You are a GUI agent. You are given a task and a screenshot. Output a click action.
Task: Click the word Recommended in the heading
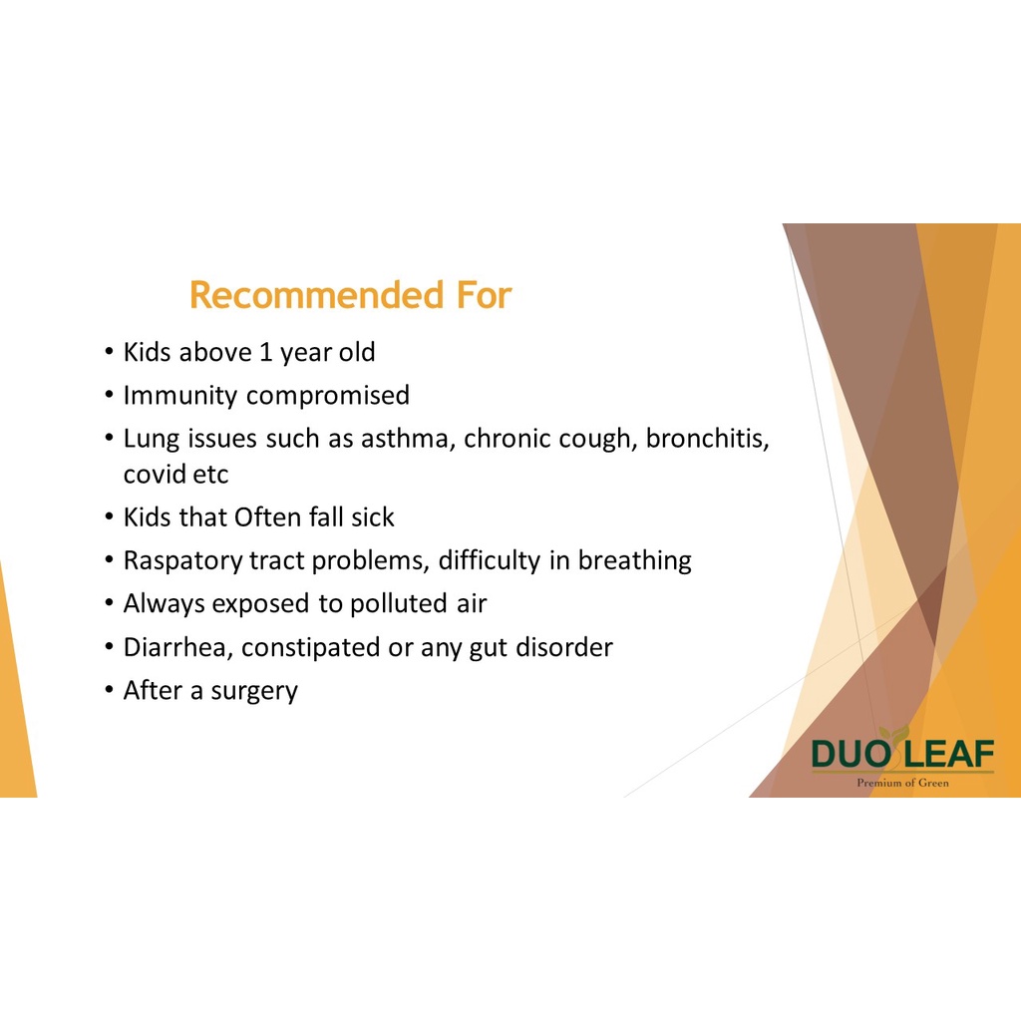[316, 295]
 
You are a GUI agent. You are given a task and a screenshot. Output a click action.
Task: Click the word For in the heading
[484, 295]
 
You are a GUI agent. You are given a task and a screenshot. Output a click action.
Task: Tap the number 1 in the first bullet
[265, 352]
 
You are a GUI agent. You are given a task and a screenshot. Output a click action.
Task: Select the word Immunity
[180, 396]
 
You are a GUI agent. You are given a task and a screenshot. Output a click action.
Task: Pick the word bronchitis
[708, 439]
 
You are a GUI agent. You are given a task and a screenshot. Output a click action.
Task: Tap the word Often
[267, 517]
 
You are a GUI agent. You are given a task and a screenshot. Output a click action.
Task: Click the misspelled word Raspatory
[183, 560]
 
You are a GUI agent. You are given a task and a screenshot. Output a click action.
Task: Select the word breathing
[635, 560]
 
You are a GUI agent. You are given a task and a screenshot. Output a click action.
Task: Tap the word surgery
[254, 691]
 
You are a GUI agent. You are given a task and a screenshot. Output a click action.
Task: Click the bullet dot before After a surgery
[109, 690]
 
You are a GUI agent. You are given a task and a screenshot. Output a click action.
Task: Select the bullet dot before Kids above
[109, 352]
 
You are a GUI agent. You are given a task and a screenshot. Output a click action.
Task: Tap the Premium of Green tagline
[902, 783]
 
